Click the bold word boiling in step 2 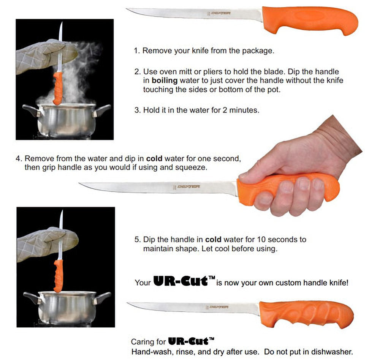pyautogui.click(x=164, y=81)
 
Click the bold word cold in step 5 pyautogui.click(x=213, y=240)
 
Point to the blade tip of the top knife pyautogui.click(x=127, y=9)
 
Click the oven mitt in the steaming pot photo pyautogui.click(x=46, y=56)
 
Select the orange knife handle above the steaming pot pyautogui.click(x=58, y=88)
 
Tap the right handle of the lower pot pyautogui.click(x=102, y=298)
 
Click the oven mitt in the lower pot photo pyautogui.click(x=47, y=244)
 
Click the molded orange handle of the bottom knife pyautogui.click(x=307, y=314)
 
